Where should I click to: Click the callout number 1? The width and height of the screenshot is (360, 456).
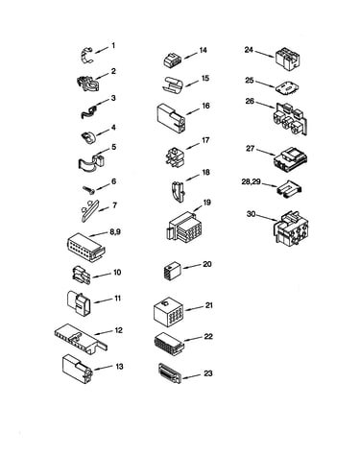click(x=113, y=46)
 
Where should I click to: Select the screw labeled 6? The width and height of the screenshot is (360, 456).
click(x=89, y=190)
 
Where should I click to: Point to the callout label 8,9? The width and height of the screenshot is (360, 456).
click(x=115, y=232)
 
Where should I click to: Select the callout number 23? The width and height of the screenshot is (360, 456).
click(x=208, y=373)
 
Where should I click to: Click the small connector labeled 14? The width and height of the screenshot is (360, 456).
click(x=173, y=60)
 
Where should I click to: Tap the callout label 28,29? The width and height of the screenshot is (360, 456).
click(x=252, y=182)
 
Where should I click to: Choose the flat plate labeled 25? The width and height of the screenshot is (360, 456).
click(x=288, y=87)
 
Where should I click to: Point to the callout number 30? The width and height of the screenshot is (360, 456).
click(x=251, y=214)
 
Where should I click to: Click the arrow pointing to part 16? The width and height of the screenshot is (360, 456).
click(x=192, y=111)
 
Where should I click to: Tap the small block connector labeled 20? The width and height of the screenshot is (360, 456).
click(x=172, y=272)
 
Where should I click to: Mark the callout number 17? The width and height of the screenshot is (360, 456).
click(x=205, y=140)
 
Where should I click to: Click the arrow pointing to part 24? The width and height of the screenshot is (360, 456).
click(x=265, y=55)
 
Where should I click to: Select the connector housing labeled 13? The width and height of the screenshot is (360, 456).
click(x=78, y=369)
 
